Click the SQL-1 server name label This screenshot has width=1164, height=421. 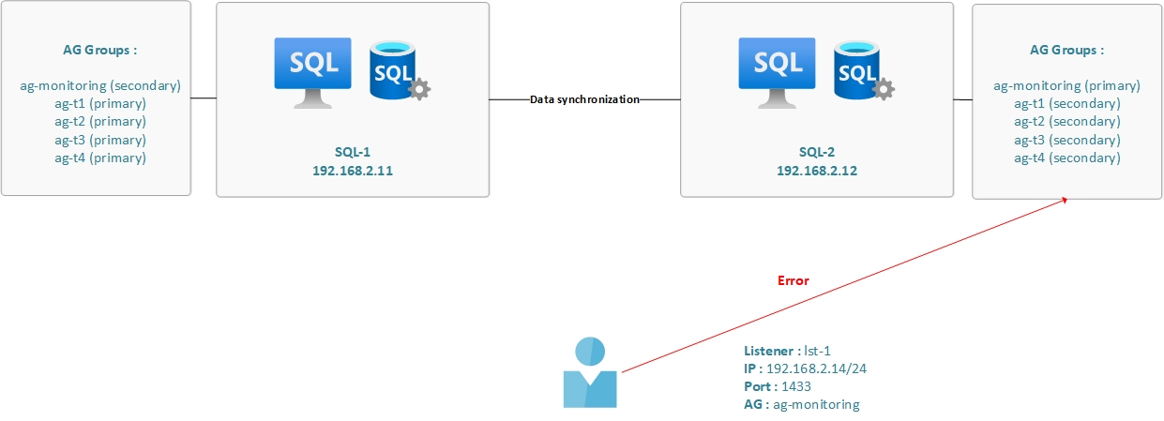pyautogui.click(x=353, y=151)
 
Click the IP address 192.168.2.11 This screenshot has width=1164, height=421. pyautogui.click(x=353, y=171)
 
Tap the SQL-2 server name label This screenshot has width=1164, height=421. pyautogui.click(x=816, y=151)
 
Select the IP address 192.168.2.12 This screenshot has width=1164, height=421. pyautogui.click(x=816, y=171)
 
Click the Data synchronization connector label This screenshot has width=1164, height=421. pyautogui.click(x=584, y=98)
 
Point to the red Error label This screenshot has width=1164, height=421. pyautogui.click(x=793, y=280)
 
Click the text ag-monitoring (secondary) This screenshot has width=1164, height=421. pyautogui.click(x=99, y=85)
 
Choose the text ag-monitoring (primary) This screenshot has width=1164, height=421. pyautogui.click(x=1066, y=85)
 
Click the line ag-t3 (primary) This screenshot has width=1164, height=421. pyautogui.click(x=99, y=140)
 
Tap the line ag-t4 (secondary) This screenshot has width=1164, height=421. pyautogui.click(x=1066, y=158)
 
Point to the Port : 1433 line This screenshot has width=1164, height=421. pyautogui.click(x=778, y=386)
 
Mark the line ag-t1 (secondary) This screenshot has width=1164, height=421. pyautogui.click(x=1066, y=103)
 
